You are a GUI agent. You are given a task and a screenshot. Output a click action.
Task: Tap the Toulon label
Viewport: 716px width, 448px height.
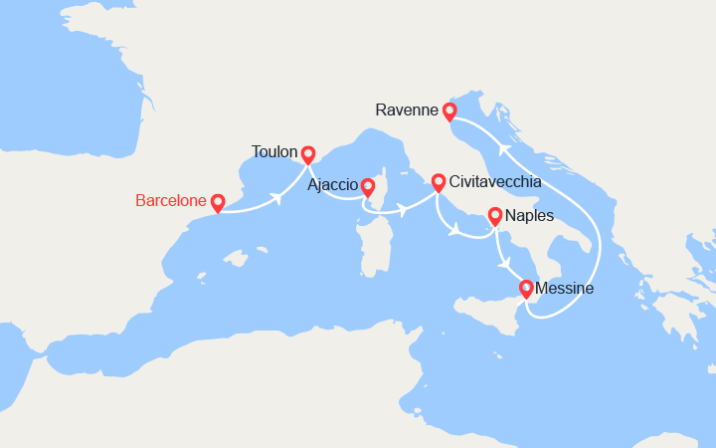pyautogui.click(x=275, y=152)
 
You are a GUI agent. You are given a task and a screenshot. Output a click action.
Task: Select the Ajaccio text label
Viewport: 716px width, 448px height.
pyautogui.click(x=333, y=185)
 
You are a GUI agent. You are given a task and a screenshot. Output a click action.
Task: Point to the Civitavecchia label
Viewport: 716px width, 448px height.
pyautogui.click(x=495, y=182)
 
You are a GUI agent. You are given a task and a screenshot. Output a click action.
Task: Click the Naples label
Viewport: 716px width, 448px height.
pyautogui.click(x=530, y=215)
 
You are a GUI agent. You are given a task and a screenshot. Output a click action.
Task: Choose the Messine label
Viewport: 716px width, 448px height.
pyautogui.click(x=564, y=289)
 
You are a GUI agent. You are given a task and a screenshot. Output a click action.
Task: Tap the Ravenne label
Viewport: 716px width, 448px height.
pyautogui.click(x=408, y=110)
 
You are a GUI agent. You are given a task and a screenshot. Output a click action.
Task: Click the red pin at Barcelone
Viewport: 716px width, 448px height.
pyautogui.click(x=218, y=202)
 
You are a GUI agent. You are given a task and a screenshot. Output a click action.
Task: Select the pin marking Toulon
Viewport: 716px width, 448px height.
pyautogui.click(x=308, y=154)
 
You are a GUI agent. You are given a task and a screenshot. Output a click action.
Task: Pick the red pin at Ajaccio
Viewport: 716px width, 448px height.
pyautogui.click(x=368, y=186)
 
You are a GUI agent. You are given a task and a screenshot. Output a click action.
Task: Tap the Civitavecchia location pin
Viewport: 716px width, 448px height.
pyautogui.click(x=439, y=183)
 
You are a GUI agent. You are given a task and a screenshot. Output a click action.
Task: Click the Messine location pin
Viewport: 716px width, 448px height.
pyautogui.click(x=526, y=290)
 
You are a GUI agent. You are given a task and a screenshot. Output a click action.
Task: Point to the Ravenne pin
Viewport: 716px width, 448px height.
pyautogui.click(x=449, y=112)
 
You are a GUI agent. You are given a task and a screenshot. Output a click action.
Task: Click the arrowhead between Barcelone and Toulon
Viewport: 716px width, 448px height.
pyautogui.click(x=277, y=197)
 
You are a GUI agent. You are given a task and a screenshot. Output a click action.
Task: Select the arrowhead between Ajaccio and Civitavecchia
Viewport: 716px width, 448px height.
pyautogui.click(x=402, y=210)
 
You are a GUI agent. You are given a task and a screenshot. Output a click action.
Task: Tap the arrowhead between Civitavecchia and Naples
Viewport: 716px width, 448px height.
pyautogui.click(x=453, y=232)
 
